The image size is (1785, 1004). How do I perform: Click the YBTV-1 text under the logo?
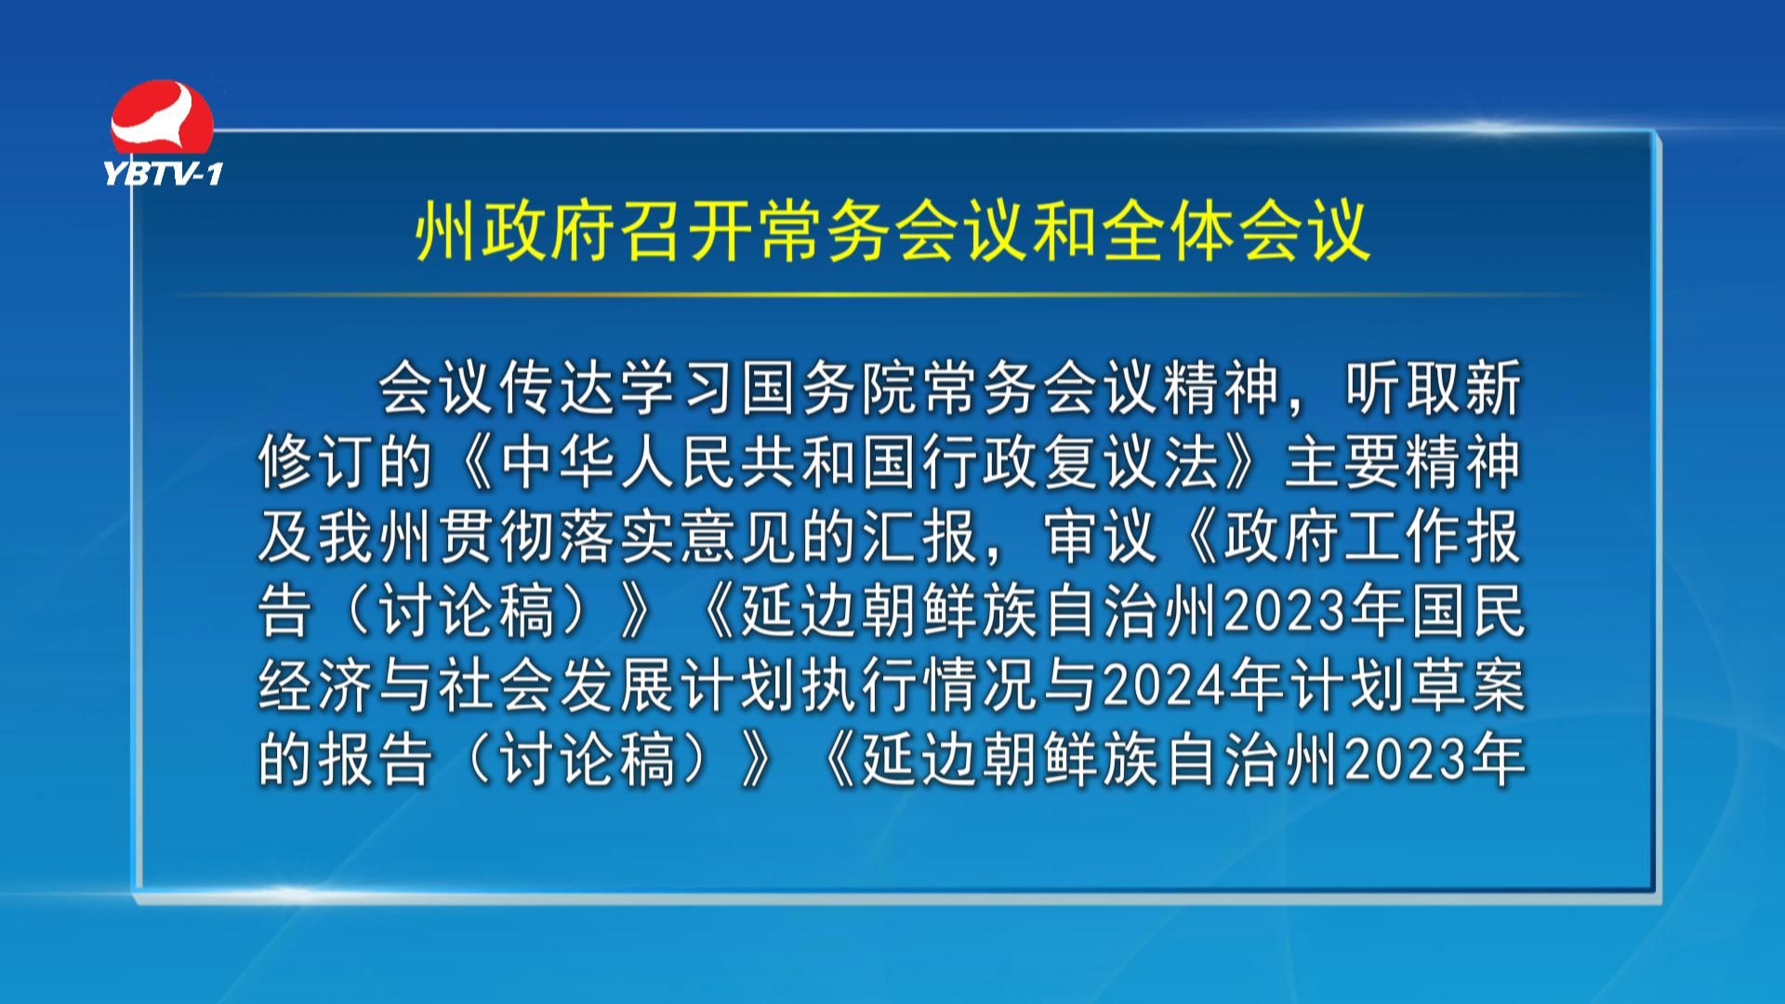point(163,173)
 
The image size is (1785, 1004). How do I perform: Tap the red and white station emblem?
point(162,118)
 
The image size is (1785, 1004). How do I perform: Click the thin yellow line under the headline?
point(892,296)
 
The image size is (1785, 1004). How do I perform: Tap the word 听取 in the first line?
point(1404,388)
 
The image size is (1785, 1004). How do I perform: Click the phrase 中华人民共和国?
point(710,462)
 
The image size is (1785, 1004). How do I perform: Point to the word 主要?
point(1342,462)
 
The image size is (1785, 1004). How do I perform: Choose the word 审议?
point(1102,536)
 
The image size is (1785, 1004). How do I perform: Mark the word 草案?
point(1467,686)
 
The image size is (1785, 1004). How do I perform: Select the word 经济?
point(317,686)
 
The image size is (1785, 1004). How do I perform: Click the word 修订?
point(317,462)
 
